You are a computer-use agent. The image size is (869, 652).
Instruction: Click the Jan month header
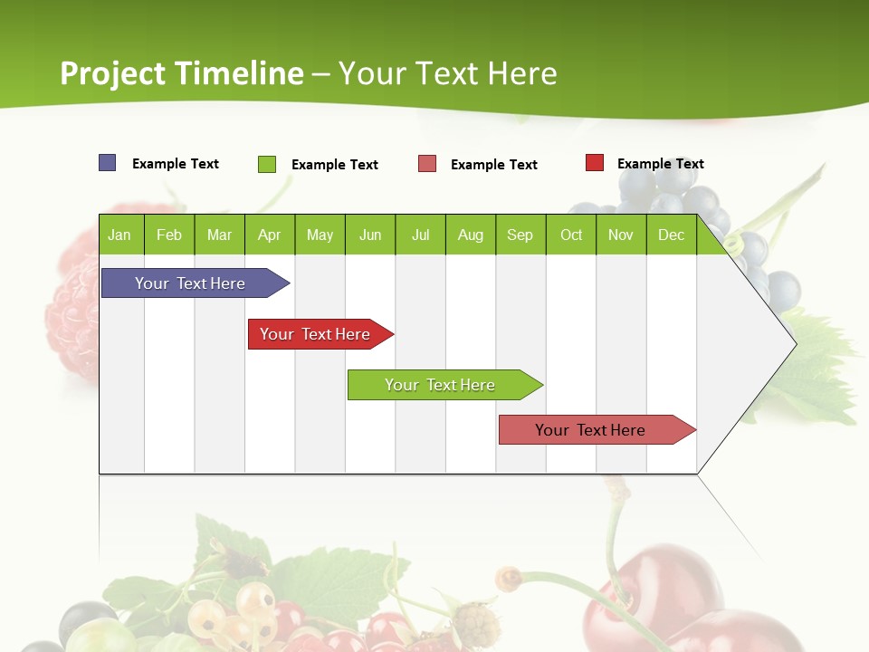pos(119,235)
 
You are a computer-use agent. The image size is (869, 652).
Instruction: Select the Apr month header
pos(269,235)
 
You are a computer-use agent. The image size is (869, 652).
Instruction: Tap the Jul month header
pos(420,235)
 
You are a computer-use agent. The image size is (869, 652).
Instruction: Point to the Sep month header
pos(520,235)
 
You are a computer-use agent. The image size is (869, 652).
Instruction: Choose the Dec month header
pos(671,235)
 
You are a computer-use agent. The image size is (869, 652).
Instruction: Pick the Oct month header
pos(571,235)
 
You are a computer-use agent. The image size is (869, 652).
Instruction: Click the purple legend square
pos(108,163)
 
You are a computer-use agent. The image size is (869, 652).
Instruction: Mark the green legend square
pos(267,164)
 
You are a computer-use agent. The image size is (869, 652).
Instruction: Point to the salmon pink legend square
pos(427,164)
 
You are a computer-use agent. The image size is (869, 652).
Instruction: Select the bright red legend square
pos(595,163)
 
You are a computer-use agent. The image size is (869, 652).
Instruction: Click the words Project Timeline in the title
pos(182,73)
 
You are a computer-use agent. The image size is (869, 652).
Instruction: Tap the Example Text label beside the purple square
pos(176,164)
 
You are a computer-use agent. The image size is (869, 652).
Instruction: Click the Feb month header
pos(169,235)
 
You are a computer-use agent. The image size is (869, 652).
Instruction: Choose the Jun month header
pos(370,235)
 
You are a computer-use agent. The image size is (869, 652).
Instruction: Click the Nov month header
pos(621,235)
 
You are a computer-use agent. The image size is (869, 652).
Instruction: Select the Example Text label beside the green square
pos(335,165)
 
